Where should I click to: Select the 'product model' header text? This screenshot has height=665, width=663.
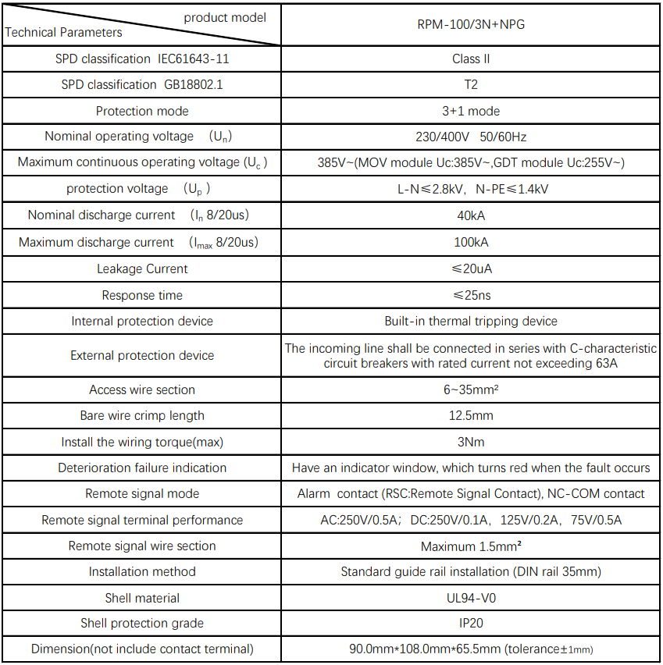(225, 17)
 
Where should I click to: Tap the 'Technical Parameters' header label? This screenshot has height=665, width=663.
(64, 33)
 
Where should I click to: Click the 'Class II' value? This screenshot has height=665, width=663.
(471, 59)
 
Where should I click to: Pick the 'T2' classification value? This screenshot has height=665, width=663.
(471, 84)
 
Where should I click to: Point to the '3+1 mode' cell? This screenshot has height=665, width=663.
(471, 111)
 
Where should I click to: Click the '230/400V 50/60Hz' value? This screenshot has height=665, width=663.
(471, 137)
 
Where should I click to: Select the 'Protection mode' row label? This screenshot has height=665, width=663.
(142, 111)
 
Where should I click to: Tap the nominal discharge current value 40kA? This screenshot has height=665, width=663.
(471, 215)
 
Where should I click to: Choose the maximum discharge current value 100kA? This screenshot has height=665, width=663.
(471, 242)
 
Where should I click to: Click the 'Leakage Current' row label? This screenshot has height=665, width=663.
(142, 268)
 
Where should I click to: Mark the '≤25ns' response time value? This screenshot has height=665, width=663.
(471, 295)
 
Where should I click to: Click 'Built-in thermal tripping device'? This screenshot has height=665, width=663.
(471, 322)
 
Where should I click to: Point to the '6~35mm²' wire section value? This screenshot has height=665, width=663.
(471, 389)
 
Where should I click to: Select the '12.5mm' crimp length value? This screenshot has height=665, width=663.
(471, 416)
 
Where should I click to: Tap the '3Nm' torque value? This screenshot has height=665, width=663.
(471, 442)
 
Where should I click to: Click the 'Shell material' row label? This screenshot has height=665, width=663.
(142, 598)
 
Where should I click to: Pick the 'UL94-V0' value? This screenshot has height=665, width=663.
(471, 598)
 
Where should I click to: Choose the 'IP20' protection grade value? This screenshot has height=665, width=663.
(471, 623)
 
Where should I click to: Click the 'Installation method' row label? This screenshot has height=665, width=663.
(142, 571)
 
